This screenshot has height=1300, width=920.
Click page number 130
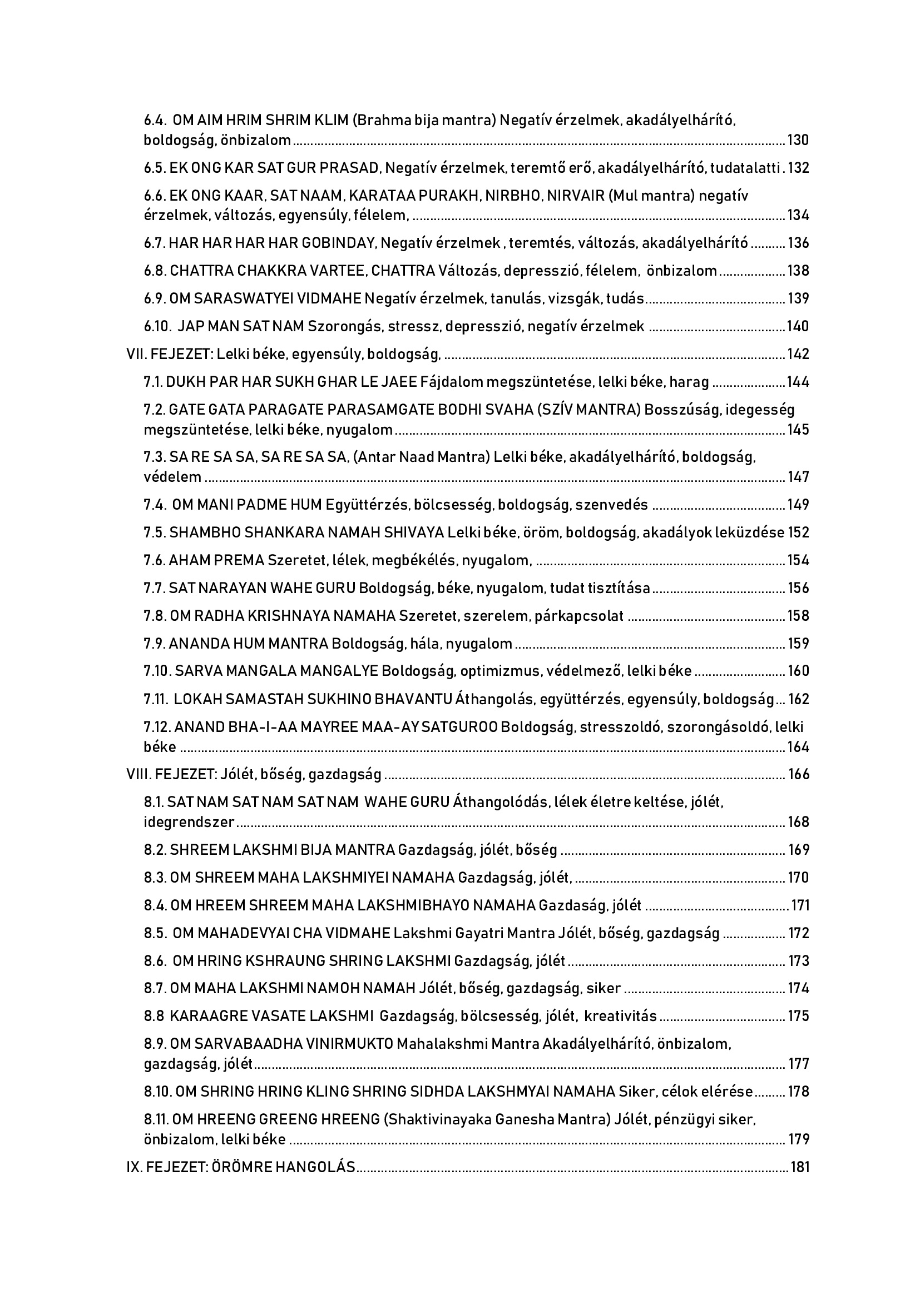tap(798, 140)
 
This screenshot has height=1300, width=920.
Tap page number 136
tap(798, 243)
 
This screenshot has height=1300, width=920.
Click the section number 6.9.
tap(155, 298)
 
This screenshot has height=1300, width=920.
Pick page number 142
tap(798, 355)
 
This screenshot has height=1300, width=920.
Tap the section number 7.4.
tap(155, 505)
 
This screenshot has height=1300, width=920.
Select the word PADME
tap(254, 505)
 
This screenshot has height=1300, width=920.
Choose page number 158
tap(798, 615)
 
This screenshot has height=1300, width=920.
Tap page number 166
tap(798, 774)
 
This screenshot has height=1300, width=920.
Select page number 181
tap(799, 1167)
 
